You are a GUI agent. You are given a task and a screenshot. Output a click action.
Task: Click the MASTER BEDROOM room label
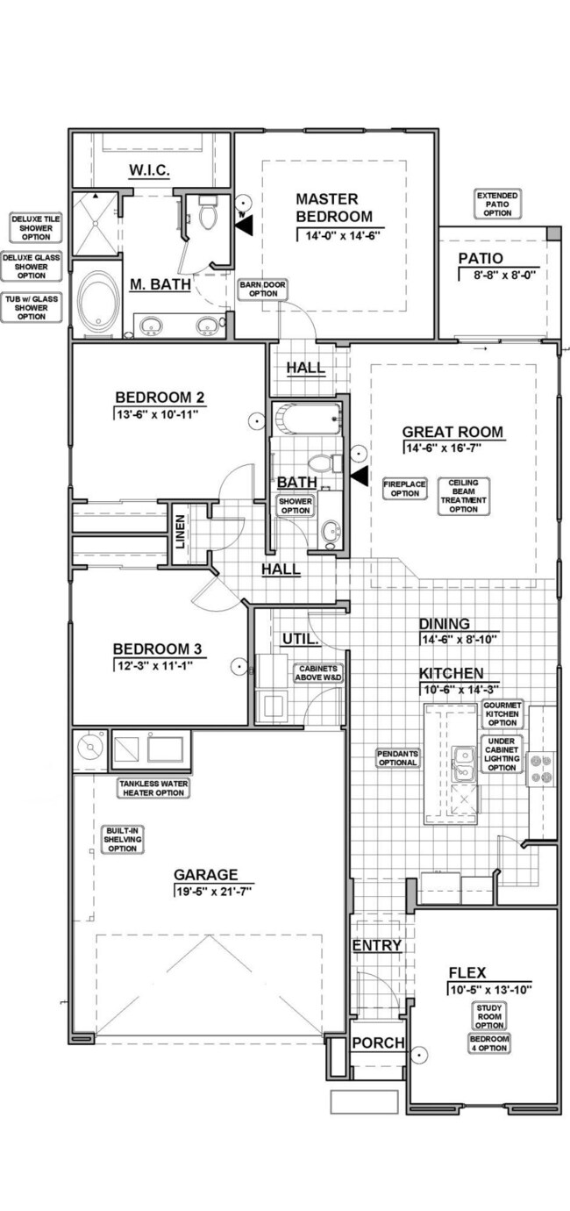pyautogui.click(x=333, y=208)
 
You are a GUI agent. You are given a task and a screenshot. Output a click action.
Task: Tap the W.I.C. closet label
pyautogui.click(x=149, y=168)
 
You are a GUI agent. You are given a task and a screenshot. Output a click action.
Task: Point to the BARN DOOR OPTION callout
pyautogui.click(x=263, y=289)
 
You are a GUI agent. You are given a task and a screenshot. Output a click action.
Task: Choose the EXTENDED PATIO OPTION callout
pyautogui.click(x=497, y=204)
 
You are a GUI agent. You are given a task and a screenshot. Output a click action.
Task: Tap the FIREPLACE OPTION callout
pyautogui.click(x=404, y=489)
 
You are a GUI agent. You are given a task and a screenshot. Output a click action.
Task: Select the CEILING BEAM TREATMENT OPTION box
pyautogui.click(x=463, y=496)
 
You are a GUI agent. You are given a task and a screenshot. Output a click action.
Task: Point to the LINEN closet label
pyautogui.click(x=180, y=532)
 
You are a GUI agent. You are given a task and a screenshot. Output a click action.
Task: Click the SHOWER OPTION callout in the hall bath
pyautogui.click(x=295, y=505)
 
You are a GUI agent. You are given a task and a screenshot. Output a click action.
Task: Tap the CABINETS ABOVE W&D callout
pyautogui.click(x=317, y=673)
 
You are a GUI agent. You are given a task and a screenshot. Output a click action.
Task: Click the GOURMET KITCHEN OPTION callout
pyautogui.click(x=502, y=714)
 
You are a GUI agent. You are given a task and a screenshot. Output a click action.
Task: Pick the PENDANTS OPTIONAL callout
pyautogui.click(x=397, y=757)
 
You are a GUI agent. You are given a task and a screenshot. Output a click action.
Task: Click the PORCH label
pyautogui.click(x=378, y=1043)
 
